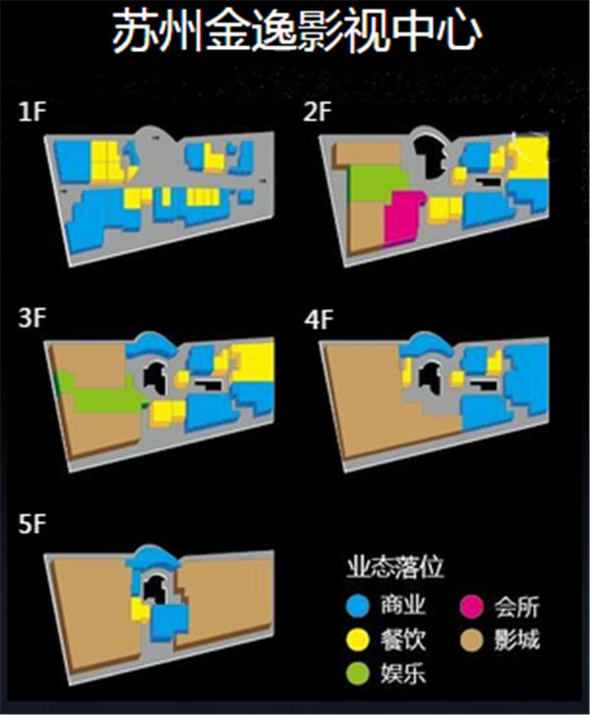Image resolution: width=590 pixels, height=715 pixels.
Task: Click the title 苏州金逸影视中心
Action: tap(297, 30)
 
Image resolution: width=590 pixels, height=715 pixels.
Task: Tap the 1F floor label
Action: tap(32, 112)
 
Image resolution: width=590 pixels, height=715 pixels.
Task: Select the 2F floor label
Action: tap(318, 112)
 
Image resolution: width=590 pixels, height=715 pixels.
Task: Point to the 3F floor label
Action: tap(32, 318)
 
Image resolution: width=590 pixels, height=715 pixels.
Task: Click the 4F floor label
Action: tap(319, 320)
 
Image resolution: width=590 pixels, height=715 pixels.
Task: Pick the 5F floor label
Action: tap(32, 524)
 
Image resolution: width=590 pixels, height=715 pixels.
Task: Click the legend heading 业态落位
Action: tap(394, 567)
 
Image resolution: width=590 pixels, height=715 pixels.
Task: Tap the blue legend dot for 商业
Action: tap(358, 606)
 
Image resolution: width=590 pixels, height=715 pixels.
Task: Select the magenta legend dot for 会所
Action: tap(471, 606)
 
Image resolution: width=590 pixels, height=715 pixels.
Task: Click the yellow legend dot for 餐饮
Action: tap(358, 639)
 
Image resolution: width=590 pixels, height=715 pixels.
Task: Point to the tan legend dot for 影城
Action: tap(471, 639)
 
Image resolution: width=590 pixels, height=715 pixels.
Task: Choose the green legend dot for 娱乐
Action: tap(358, 673)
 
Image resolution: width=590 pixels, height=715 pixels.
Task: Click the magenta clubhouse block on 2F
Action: tap(402, 217)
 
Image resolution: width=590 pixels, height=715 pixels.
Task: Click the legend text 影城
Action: tap(517, 639)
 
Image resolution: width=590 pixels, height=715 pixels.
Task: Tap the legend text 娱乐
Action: tap(403, 673)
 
